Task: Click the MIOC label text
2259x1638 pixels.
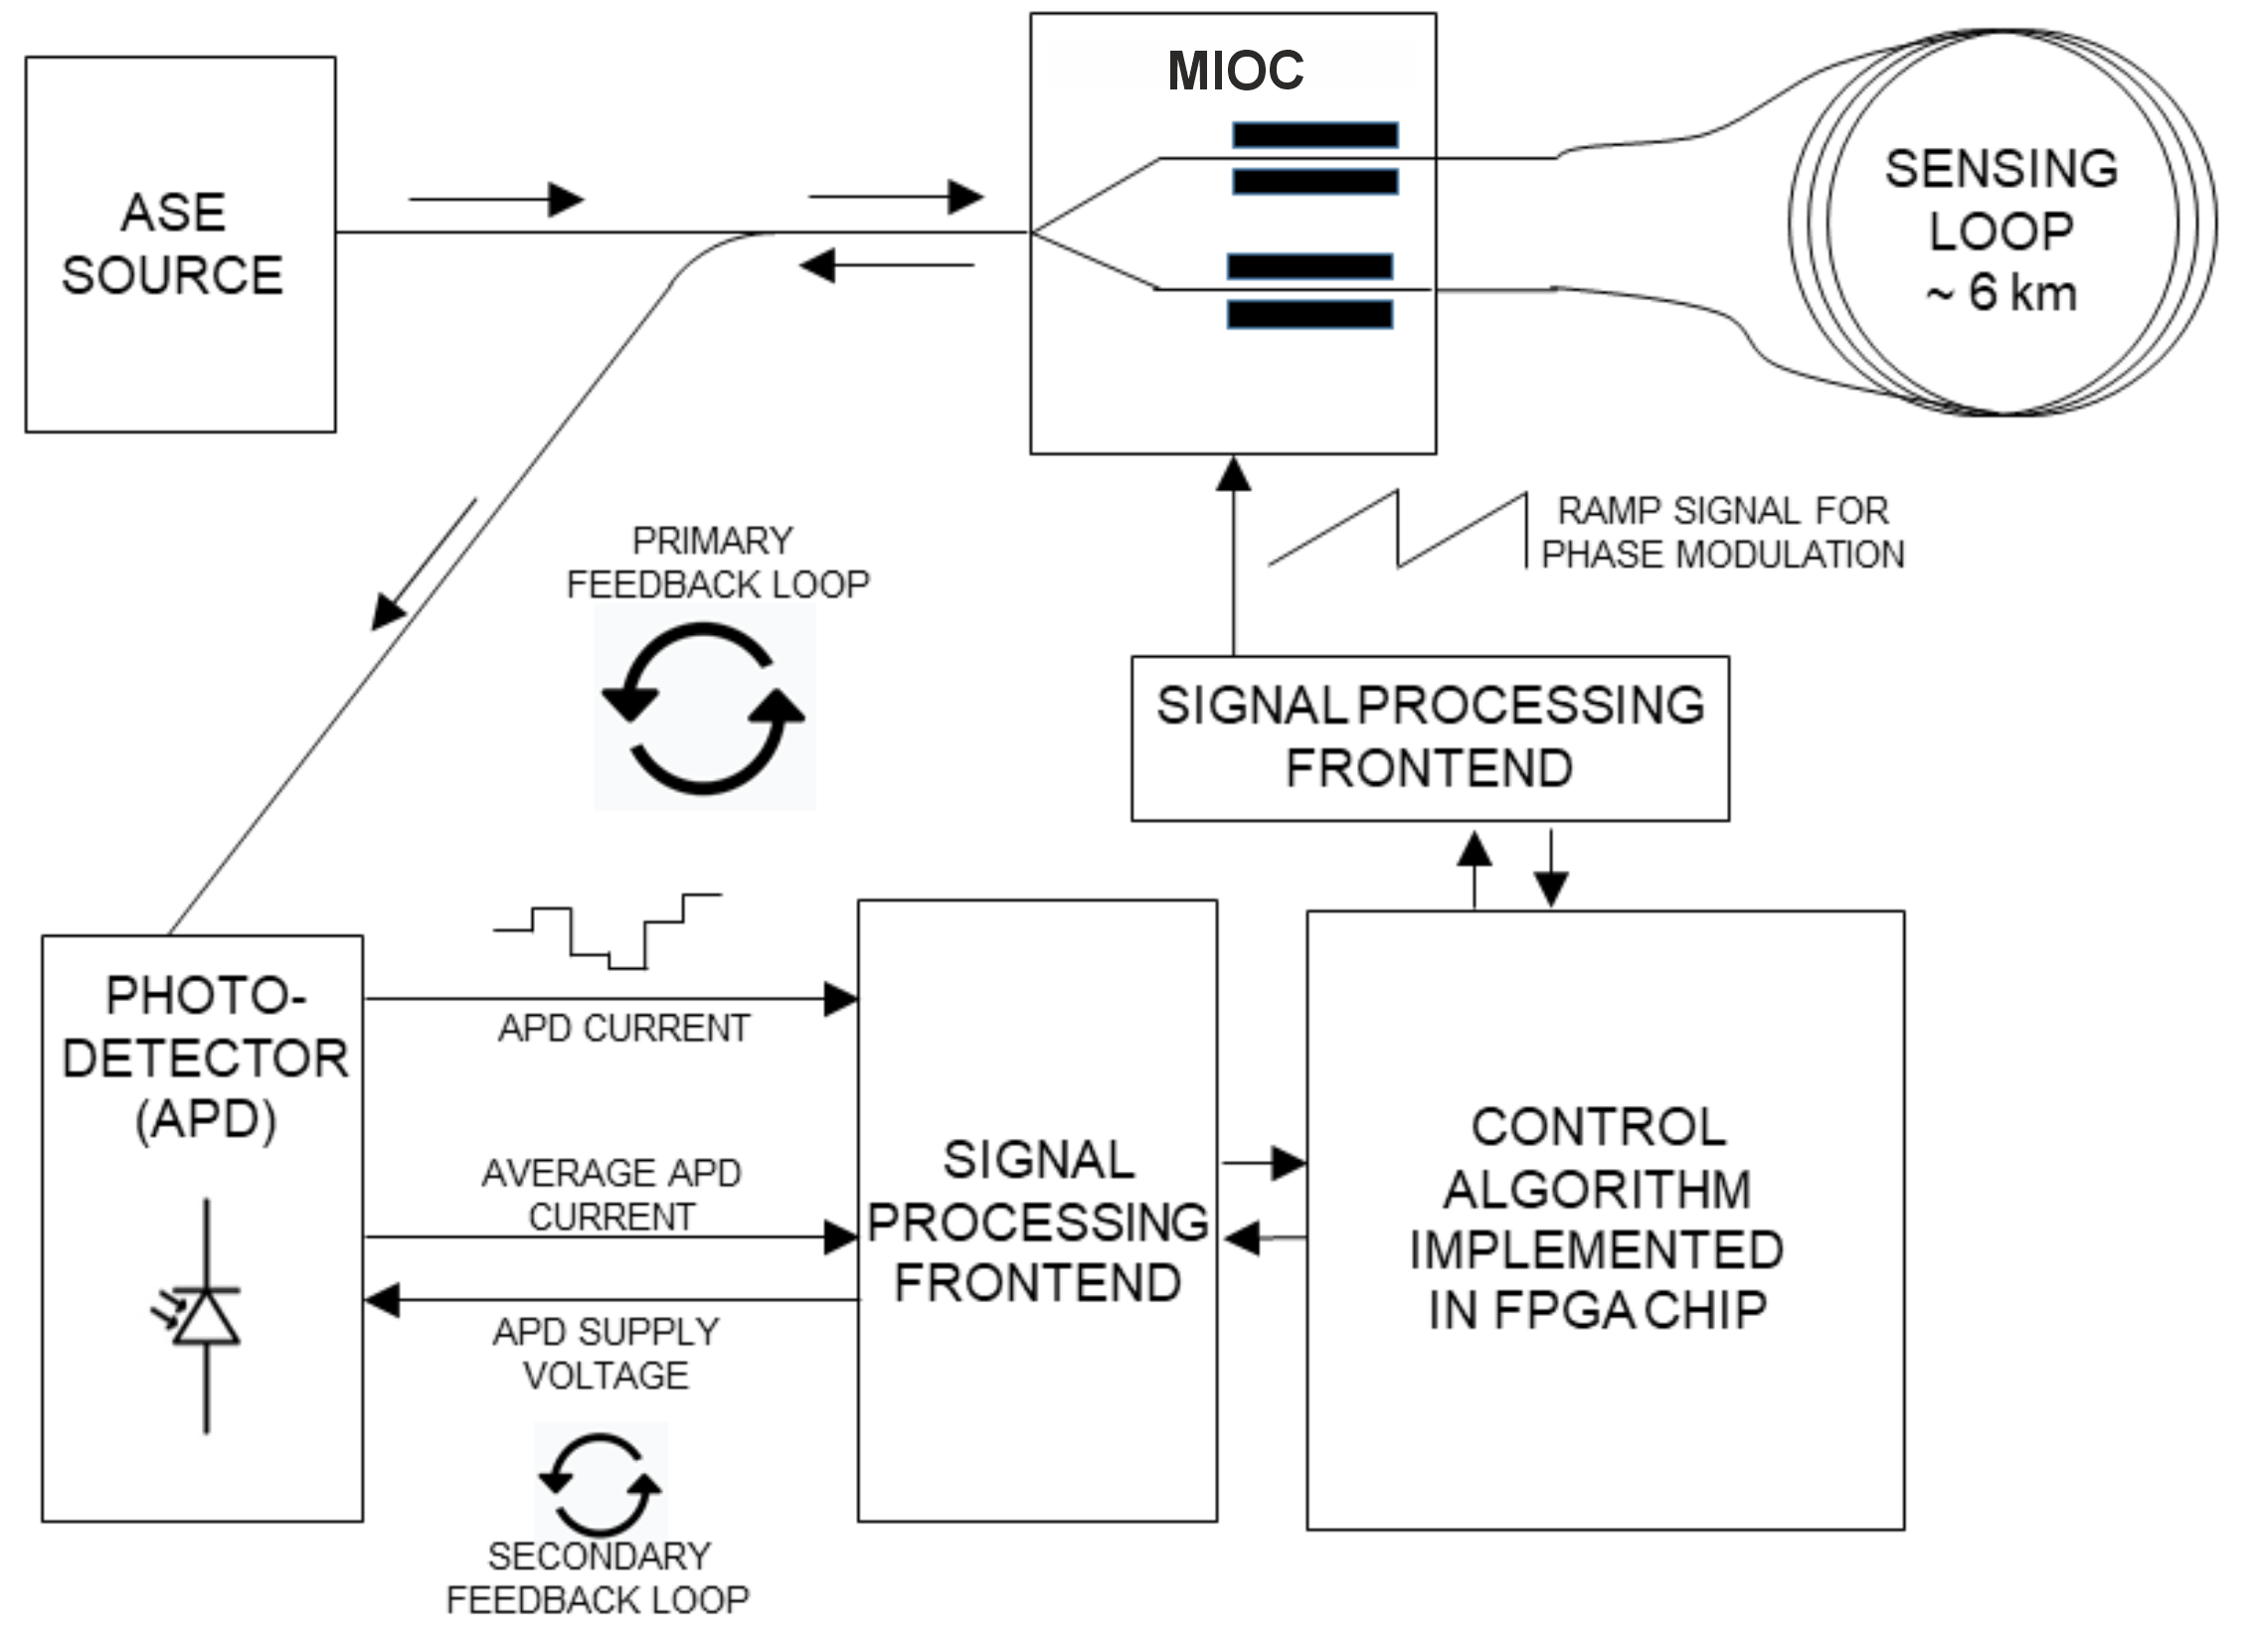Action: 1235,70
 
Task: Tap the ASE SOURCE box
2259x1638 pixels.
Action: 180,244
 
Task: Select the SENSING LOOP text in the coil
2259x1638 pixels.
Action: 2001,199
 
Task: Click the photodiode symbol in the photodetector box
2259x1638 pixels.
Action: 204,1315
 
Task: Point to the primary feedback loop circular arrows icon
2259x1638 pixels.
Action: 704,708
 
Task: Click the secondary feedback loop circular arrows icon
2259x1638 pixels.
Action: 600,1484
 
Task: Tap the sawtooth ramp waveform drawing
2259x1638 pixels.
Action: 1398,530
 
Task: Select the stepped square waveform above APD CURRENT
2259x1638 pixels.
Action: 608,931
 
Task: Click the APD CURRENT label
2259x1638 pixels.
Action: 624,1028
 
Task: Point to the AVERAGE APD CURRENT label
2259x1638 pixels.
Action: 611,1194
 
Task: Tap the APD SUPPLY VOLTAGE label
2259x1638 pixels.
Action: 606,1353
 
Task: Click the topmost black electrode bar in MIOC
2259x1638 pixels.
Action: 1314,134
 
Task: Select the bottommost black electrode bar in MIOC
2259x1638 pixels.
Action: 1309,315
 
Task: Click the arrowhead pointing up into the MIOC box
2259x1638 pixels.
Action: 1234,474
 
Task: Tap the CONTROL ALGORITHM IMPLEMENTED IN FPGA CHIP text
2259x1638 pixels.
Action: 1597,1219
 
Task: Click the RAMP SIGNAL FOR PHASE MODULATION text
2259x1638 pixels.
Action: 1722,532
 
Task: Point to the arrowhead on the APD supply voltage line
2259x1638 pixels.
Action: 383,1299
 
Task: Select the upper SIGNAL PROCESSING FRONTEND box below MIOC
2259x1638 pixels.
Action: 1431,737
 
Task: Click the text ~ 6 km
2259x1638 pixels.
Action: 2001,293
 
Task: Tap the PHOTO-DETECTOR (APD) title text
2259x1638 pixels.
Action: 205,1058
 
